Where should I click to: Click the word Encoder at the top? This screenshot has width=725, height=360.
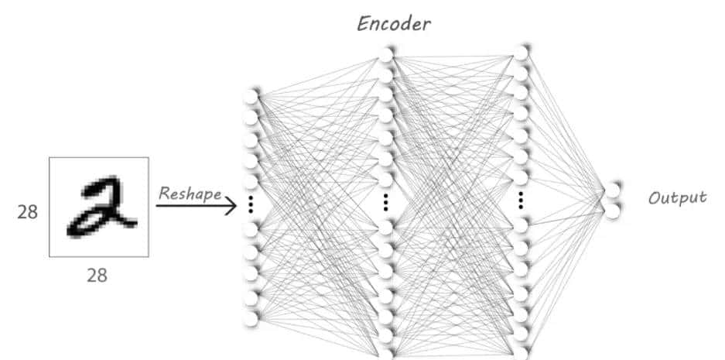394,23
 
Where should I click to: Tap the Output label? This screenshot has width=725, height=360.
677,197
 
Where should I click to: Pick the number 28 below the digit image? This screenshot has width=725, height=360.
97,275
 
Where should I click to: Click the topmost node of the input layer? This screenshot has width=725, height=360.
250,97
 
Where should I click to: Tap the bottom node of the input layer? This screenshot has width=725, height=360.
250,318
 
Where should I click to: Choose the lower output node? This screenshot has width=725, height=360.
614,210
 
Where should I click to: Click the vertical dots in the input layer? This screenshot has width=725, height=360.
250,205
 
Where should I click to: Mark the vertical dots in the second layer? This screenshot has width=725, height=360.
386,201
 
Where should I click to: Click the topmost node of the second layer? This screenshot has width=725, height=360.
386,54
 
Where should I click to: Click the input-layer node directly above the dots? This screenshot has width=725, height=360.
250,183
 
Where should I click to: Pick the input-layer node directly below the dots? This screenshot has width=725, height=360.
250,230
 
